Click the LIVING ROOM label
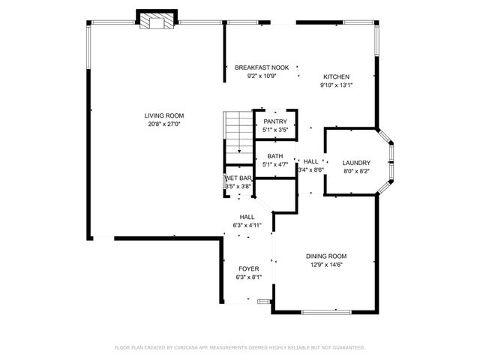click(x=164, y=115)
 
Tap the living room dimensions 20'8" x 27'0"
click(x=164, y=124)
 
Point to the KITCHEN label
click(x=336, y=76)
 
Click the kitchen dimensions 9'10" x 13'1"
click(x=336, y=85)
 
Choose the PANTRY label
click(x=275, y=121)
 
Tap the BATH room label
click(x=275, y=155)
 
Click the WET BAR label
click(x=238, y=178)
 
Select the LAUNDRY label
click(x=356, y=163)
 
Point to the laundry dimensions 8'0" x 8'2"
click(x=356, y=171)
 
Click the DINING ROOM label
click(x=327, y=256)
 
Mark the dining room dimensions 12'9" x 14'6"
click(x=327, y=264)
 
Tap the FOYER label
click(x=248, y=268)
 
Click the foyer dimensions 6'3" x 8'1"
click(x=248, y=277)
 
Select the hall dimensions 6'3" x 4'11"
click(x=247, y=224)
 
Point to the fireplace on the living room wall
click(x=157, y=20)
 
